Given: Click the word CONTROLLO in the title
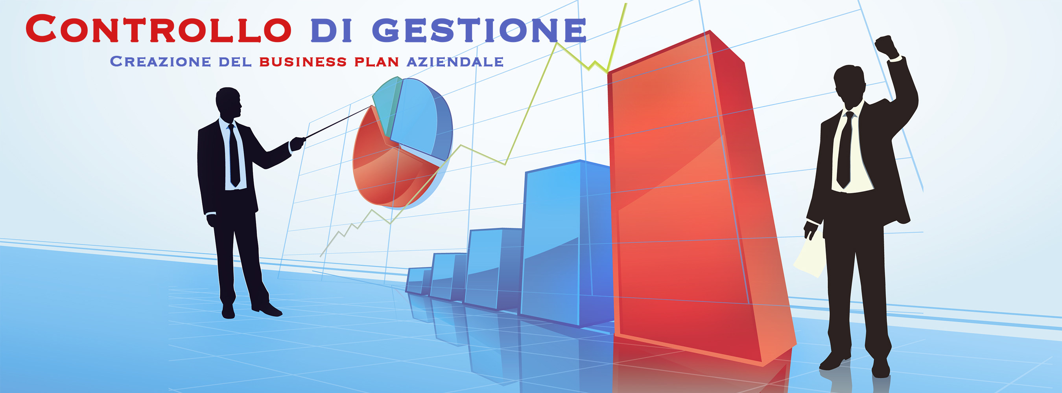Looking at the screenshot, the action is click(x=158, y=28).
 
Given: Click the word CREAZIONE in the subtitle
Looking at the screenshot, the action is click(x=160, y=61).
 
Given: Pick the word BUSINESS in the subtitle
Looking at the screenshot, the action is click(x=303, y=62).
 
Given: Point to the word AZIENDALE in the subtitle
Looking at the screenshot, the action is click(x=455, y=62).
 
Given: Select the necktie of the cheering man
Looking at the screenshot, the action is click(x=845, y=151).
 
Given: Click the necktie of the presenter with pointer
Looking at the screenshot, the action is click(x=234, y=155).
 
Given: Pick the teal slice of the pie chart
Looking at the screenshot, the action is click(x=387, y=103).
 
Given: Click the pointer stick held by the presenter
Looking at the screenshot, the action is click(x=338, y=122).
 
